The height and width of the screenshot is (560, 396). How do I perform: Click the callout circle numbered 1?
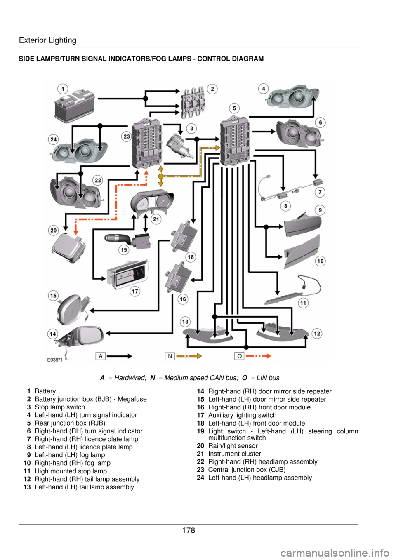click(x=63, y=89)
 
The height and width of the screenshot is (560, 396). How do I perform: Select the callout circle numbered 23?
click(x=127, y=136)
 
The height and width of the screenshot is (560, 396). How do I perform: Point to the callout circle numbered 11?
click(x=303, y=303)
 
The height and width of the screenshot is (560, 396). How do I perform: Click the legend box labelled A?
click(x=101, y=356)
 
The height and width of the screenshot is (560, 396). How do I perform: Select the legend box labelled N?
click(x=170, y=356)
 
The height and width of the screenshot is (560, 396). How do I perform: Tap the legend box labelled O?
click(x=239, y=356)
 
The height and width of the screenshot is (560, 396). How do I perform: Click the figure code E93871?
click(x=55, y=360)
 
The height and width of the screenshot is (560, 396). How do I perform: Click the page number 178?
click(x=189, y=530)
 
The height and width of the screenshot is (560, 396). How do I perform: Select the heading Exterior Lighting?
click(x=47, y=40)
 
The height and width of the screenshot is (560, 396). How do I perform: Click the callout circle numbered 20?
click(x=54, y=230)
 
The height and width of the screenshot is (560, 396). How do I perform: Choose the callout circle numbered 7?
click(x=320, y=192)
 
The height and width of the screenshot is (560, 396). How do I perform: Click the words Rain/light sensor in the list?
click(x=233, y=446)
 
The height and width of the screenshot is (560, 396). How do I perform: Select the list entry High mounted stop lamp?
click(x=71, y=471)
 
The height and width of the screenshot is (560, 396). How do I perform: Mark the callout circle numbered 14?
click(x=53, y=334)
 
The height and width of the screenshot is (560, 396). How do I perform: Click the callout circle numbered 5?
click(x=234, y=108)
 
